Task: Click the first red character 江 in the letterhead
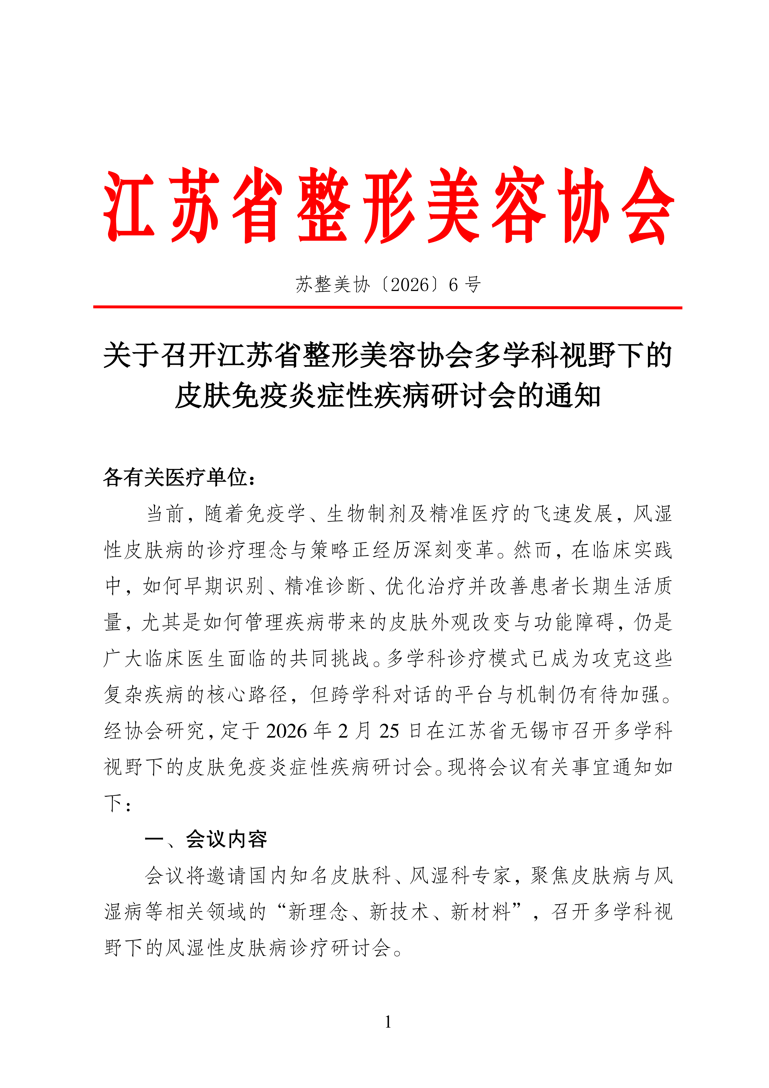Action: click(129, 206)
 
